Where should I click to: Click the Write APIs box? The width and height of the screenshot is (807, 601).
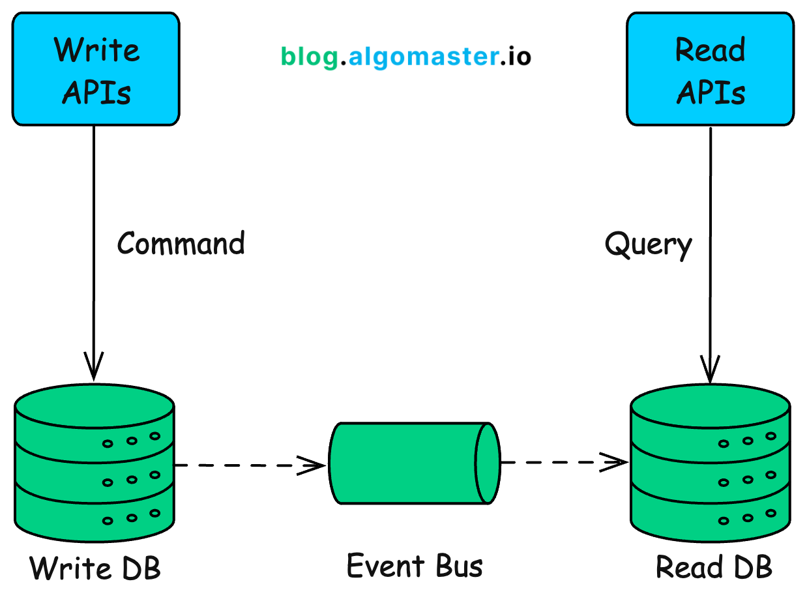coord(96,69)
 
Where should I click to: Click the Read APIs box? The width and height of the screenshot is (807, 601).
coord(710,69)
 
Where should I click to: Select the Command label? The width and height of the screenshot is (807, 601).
coord(181,243)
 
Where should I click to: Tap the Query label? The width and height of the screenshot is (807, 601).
coord(648,245)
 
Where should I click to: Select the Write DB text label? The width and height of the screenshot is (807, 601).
coord(95,568)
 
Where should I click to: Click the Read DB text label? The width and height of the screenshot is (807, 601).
coord(714,566)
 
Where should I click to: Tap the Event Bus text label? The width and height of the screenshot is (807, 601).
coord(415,565)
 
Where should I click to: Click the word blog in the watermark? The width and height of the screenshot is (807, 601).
coord(310,57)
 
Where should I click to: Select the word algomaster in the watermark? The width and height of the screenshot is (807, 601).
coord(423,57)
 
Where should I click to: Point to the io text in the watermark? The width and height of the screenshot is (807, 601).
coord(520,57)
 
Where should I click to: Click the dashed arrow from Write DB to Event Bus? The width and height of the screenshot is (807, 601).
coord(248,465)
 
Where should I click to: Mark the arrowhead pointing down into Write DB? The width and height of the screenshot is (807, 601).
coord(94,368)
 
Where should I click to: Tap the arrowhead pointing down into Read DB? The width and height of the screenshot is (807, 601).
coord(710,370)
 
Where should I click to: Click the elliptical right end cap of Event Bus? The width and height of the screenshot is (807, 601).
coord(488,463)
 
